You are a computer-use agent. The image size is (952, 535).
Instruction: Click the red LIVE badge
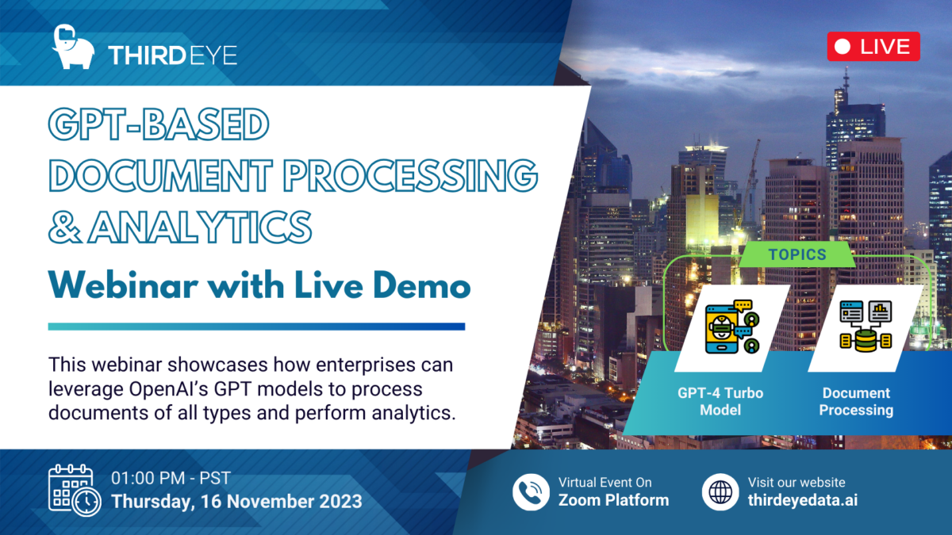[x=873, y=47]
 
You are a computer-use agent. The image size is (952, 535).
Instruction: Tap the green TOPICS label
[x=797, y=255]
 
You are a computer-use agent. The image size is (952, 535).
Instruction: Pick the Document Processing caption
[x=856, y=402]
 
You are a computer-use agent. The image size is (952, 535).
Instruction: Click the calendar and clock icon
[x=74, y=491]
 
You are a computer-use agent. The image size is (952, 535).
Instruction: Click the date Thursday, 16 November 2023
[x=236, y=502]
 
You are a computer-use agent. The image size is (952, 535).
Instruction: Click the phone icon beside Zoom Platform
[x=531, y=491]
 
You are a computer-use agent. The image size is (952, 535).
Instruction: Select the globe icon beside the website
[x=720, y=491]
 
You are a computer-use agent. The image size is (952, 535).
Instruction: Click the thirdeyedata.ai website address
[x=802, y=500]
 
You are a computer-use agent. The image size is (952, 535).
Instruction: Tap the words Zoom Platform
[x=613, y=500]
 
